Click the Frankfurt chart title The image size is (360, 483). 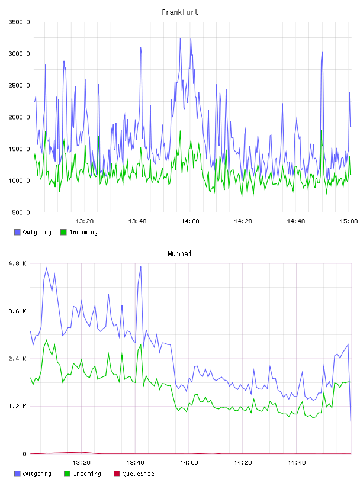[x=180, y=12]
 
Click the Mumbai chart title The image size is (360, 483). [x=179, y=254]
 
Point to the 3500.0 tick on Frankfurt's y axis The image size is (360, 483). [x=19, y=22]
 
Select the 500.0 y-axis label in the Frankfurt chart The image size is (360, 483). [x=21, y=212]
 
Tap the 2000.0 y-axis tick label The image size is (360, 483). [x=19, y=117]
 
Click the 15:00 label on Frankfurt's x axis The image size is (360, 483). [x=349, y=221]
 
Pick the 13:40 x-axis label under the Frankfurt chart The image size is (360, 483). [x=137, y=221]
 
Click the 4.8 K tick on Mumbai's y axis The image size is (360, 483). [x=18, y=263]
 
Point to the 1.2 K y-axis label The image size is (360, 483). [x=18, y=407]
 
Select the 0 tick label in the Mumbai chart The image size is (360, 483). [x=24, y=454]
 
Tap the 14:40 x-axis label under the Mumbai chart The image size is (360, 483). [x=297, y=463]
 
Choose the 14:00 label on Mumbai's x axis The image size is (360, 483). [x=189, y=463]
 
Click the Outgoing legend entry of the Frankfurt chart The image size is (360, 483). [x=33, y=232]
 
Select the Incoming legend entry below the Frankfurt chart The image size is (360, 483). [x=79, y=232]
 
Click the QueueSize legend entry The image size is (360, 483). [x=134, y=474]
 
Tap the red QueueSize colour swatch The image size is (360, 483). [x=117, y=474]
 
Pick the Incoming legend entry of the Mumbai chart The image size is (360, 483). [x=82, y=474]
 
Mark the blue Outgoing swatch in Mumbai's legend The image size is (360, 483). [x=17, y=474]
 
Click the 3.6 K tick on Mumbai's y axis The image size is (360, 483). [x=18, y=311]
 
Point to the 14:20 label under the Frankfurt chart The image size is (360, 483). [x=243, y=221]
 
